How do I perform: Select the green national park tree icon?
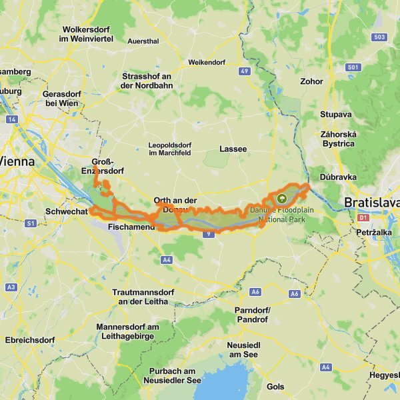(x=281, y=198)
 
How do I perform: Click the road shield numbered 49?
(x=245, y=71)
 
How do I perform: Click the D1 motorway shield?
(x=363, y=217)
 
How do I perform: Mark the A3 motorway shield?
(x=11, y=286)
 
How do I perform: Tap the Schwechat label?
(x=66, y=211)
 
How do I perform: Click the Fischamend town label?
(x=131, y=227)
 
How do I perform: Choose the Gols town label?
(x=275, y=387)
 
